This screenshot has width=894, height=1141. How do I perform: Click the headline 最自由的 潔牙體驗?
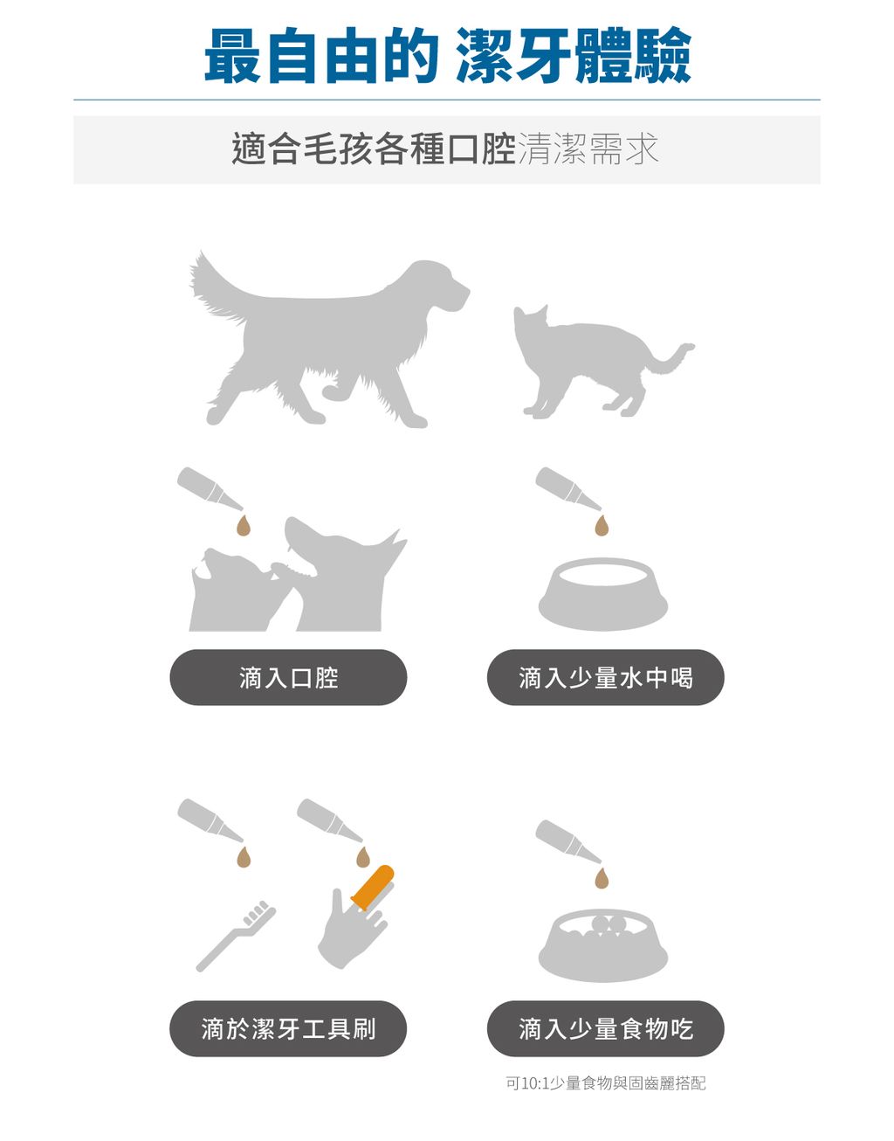[x=447, y=56]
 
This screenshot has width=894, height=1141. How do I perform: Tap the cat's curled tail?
[x=672, y=358]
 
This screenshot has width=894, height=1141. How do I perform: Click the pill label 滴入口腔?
[x=288, y=677]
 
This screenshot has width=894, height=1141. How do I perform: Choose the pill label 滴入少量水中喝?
[x=605, y=677]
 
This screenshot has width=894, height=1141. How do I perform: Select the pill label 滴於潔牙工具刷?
[x=288, y=1028]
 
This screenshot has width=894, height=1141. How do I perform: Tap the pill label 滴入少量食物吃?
[x=605, y=1028]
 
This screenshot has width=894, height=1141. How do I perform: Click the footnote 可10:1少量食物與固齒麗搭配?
[x=605, y=1083]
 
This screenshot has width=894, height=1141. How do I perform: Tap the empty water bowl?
[x=602, y=594]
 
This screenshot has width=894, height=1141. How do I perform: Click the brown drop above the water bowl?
[x=601, y=525]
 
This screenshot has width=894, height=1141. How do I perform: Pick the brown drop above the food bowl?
[x=601, y=877]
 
